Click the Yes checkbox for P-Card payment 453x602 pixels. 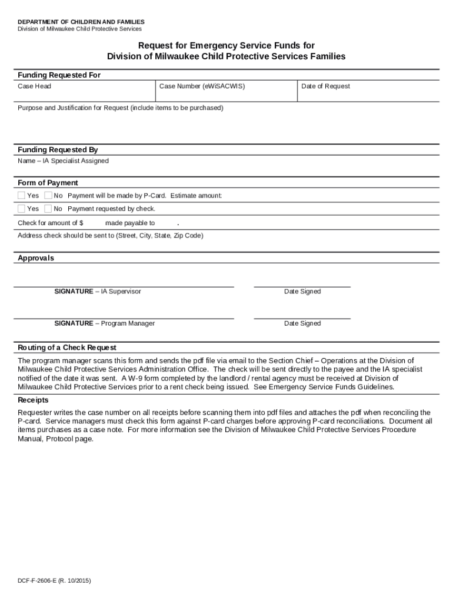click(x=21, y=195)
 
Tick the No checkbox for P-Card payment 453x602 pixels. click(x=48, y=195)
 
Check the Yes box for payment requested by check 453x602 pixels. click(x=21, y=209)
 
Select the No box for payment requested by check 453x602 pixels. click(x=48, y=209)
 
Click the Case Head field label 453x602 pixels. click(x=34, y=86)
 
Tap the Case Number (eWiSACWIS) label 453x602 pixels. click(x=202, y=86)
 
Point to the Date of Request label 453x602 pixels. click(x=325, y=86)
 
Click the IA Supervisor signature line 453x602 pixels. click(x=124, y=286)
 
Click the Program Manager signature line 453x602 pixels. click(x=124, y=317)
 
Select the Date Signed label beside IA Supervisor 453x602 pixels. click(x=302, y=292)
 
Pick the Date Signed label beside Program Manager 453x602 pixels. click(x=302, y=323)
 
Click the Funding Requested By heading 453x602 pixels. click(x=58, y=150)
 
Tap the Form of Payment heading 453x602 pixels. click(x=48, y=183)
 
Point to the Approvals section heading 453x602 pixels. click(x=35, y=258)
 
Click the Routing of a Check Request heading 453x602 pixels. click(x=67, y=347)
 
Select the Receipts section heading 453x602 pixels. click(x=34, y=400)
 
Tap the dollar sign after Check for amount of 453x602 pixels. click(x=81, y=223)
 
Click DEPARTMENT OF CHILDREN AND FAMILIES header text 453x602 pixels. click(x=81, y=22)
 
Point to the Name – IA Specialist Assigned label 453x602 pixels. click(x=63, y=161)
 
